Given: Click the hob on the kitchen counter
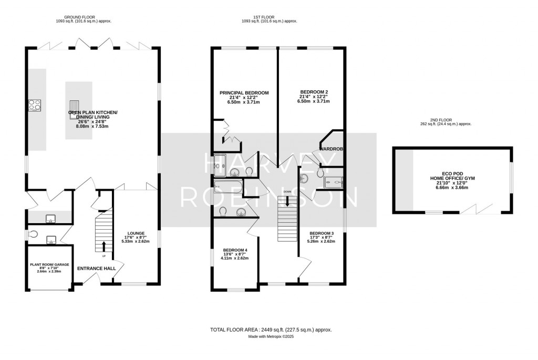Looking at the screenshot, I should [35, 105].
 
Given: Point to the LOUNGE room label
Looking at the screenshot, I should [135, 237].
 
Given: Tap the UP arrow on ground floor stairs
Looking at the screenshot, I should [103, 246].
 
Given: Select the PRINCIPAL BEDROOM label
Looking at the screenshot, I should [244, 97].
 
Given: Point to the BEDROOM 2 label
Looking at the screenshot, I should [313, 97].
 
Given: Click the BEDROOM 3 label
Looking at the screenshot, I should [321, 238].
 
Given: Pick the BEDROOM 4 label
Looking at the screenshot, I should [235, 254].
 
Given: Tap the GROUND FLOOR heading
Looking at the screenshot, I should [84, 18].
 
